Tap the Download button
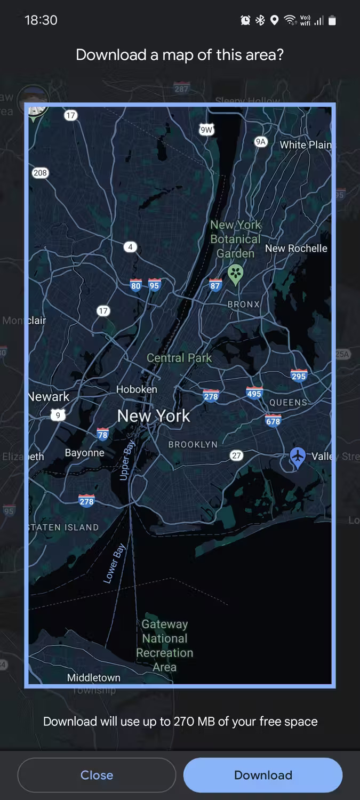pyautogui.click(x=262, y=775)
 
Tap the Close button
pyautogui.click(x=97, y=775)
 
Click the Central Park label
pyautogui.click(x=179, y=358)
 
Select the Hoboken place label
pyautogui.click(x=137, y=389)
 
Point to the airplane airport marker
pyautogui.click(x=298, y=457)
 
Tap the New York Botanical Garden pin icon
pyautogui.click(x=235, y=274)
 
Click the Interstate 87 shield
pyautogui.click(x=215, y=285)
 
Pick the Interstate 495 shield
pyautogui.click(x=254, y=394)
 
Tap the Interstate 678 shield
pyautogui.click(x=273, y=421)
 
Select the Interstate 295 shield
pyautogui.click(x=299, y=375)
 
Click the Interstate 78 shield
pyautogui.click(x=102, y=434)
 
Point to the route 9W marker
pyautogui.click(x=206, y=130)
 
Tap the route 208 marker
pyautogui.click(x=40, y=173)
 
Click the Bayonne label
pyautogui.click(x=84, y=453)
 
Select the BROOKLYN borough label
pyautogui.click(x=193, y=444)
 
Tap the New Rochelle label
pyautogui.click(x=296, y=248)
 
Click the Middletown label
pyautogui.click(x=94, y=678)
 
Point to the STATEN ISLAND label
pyautogui.click(x=64, y=527)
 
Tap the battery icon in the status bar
pyautogui.click(x=332, y=20)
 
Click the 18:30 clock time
pyautogui.click(x=41, y=20)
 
